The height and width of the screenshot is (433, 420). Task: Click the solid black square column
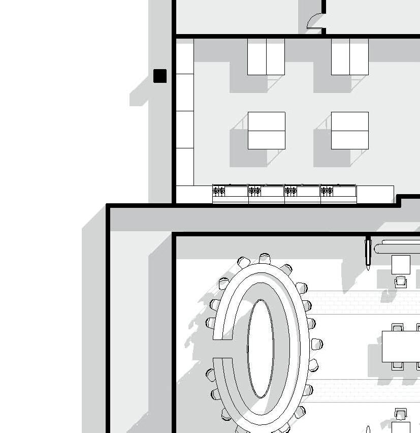coord(160,76)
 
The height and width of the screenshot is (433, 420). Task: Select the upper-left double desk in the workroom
coord(266,57)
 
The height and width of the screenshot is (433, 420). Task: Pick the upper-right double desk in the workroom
coord(350,57)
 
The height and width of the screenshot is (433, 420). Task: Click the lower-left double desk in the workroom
coord(267,131)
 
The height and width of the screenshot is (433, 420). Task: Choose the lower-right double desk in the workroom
coord(350,131)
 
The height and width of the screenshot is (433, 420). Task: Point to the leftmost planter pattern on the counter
coord(219,191)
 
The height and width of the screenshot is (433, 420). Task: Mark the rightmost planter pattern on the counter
coord(327,191)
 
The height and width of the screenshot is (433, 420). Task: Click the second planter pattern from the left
coord(255,191)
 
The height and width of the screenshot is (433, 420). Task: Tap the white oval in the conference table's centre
coord(261,348)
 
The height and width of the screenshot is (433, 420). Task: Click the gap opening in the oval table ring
coord(222,348)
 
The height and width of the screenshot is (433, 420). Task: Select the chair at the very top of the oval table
coord(263,258)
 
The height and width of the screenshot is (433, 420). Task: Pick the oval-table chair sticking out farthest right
coord(317,345)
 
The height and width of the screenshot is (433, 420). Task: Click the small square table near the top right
coord(401,265)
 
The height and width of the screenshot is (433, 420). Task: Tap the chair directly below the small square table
coord(401,281)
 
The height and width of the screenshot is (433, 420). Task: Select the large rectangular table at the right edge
coord(401,346)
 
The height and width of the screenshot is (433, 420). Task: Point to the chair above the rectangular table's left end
coord(398,327)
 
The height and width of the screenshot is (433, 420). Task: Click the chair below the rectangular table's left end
coord(398,365)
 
